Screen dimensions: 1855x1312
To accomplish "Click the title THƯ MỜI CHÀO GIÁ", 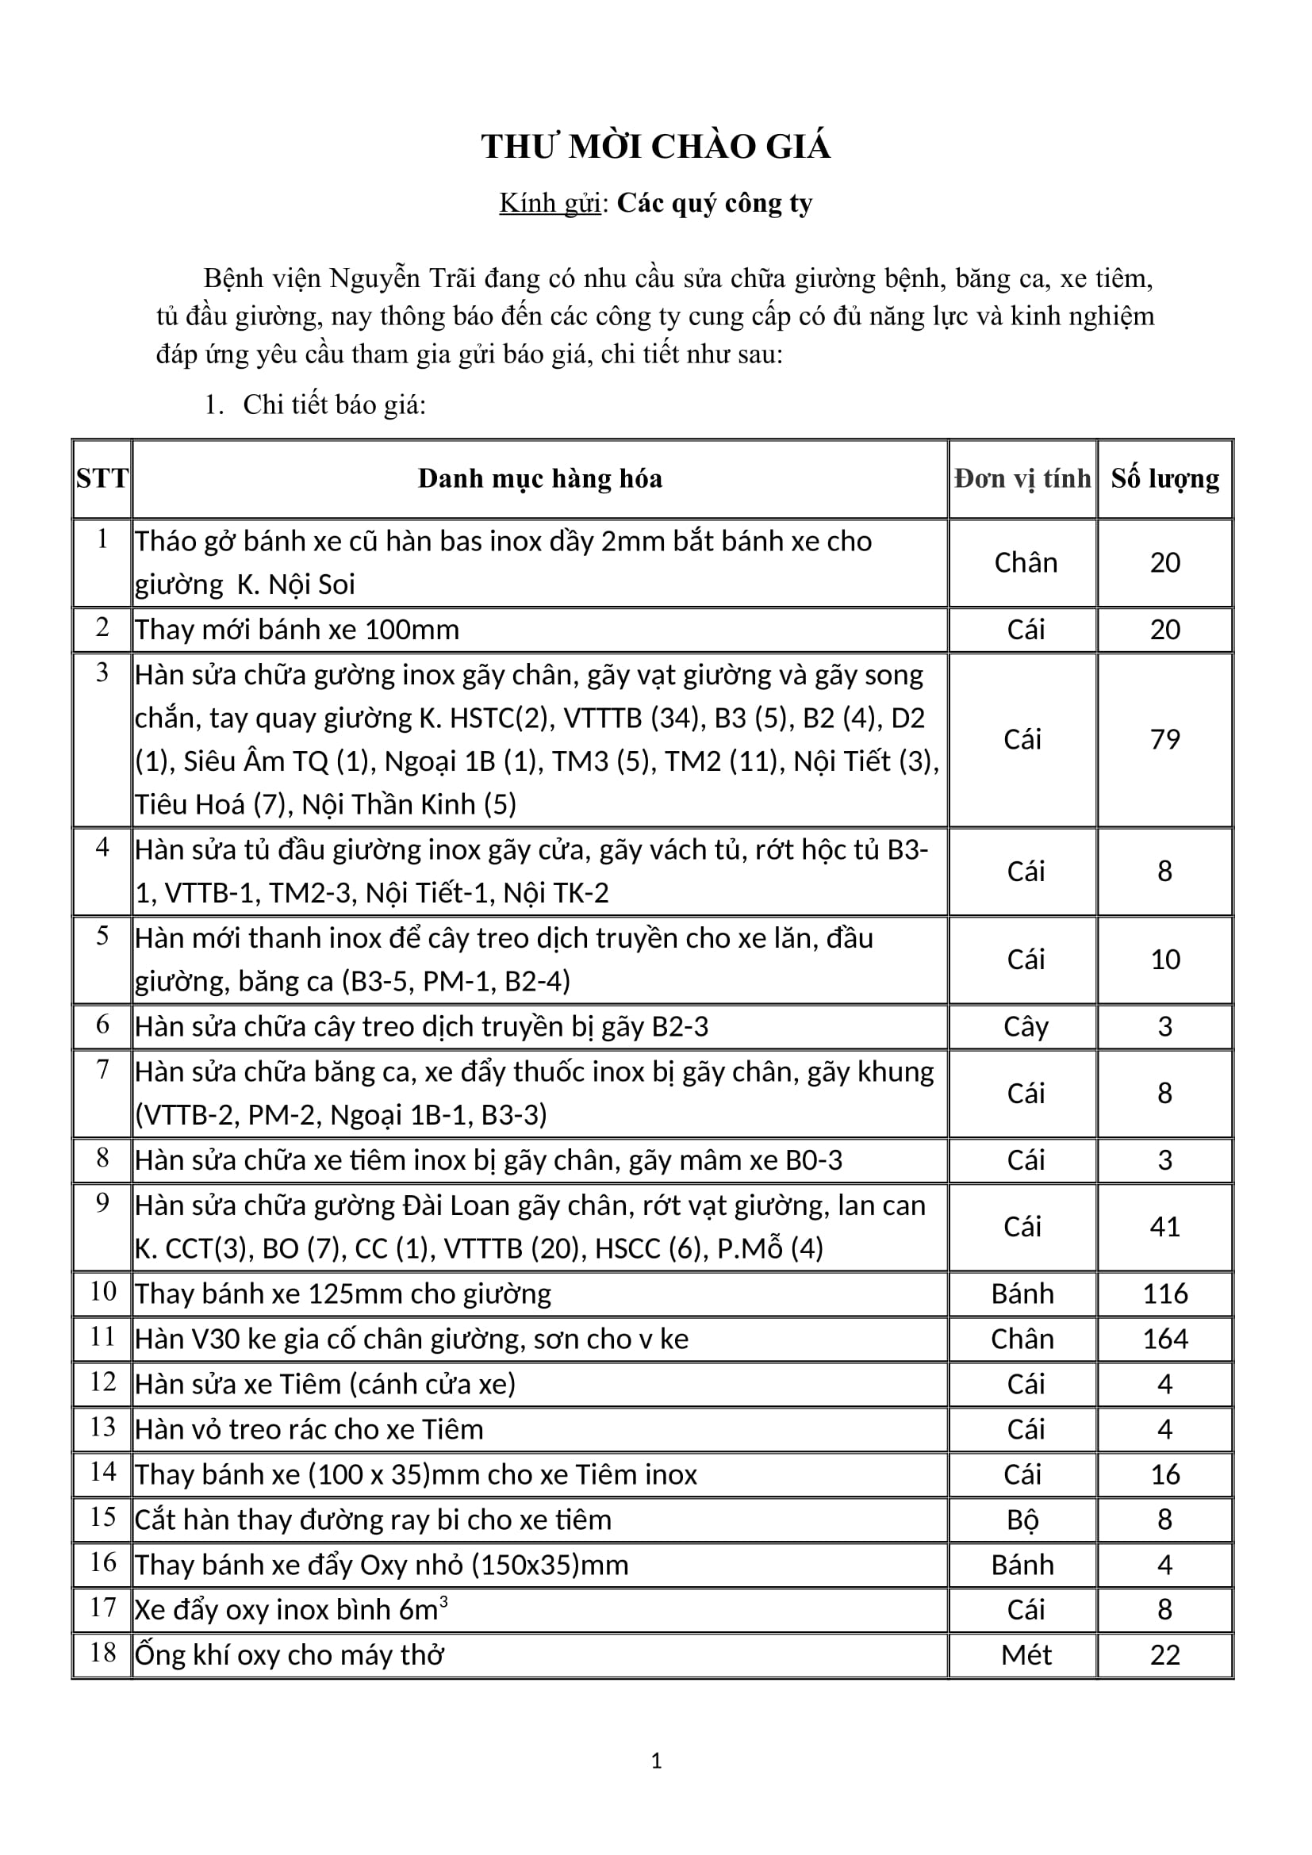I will point(655,147).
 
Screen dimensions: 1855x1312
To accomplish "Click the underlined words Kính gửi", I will point(550,203).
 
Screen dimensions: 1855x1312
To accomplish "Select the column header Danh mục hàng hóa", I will point(539,478).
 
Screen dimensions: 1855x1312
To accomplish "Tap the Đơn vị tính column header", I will point(1022,478).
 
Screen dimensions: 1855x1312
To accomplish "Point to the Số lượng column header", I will point(1164,478).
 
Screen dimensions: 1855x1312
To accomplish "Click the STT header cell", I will point(102,478).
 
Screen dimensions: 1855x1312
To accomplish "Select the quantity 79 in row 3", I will point(1164,739).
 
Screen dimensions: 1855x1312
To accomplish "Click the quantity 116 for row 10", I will point(1164,1294).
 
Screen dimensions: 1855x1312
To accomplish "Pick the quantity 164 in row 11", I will point(1164,1339).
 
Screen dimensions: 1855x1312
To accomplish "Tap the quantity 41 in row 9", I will point(1164,1226).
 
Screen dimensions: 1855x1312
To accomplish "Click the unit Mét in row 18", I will point(1025,1654).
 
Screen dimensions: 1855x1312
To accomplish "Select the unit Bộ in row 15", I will point(1022,1520).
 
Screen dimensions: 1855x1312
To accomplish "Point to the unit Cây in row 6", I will point(1025,1026).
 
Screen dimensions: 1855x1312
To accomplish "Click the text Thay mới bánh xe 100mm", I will point(297,630).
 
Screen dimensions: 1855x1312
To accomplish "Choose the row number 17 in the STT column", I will point(102,1607).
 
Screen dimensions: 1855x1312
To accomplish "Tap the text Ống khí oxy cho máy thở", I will point(290,1654).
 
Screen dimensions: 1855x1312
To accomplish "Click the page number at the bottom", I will point(656,1761).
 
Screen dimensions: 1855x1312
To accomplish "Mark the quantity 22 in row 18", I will point(1164,1654).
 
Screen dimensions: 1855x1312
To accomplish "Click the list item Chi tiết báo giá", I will point(334,404).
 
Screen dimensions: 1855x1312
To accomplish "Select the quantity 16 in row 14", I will point(1164,1474).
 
